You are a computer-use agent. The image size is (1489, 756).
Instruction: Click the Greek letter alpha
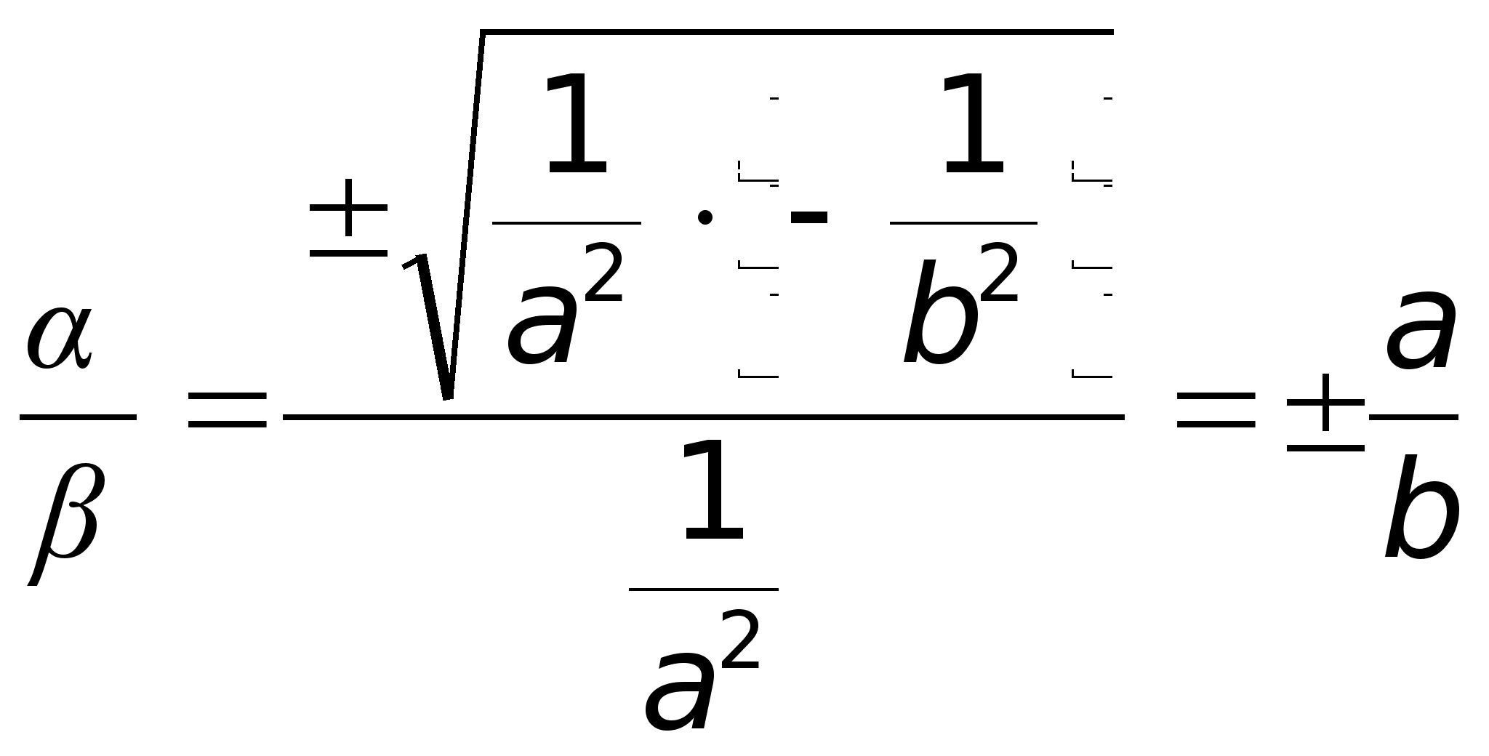(60, 338)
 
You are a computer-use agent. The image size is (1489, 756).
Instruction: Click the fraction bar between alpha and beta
(78, 417)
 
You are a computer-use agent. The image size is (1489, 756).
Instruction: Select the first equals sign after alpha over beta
(227, 409)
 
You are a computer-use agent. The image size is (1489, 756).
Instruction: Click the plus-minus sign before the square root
(348, 218)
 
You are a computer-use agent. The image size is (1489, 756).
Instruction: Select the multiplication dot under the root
(704, 217)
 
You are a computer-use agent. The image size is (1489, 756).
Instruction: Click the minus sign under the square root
(808, 217)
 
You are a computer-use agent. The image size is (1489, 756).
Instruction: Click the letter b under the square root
(939, 313)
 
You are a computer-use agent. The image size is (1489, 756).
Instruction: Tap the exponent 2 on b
(999, 273)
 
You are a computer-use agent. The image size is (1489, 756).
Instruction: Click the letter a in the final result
(1421, 331)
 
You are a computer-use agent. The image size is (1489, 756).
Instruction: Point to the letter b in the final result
(1421, 509)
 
